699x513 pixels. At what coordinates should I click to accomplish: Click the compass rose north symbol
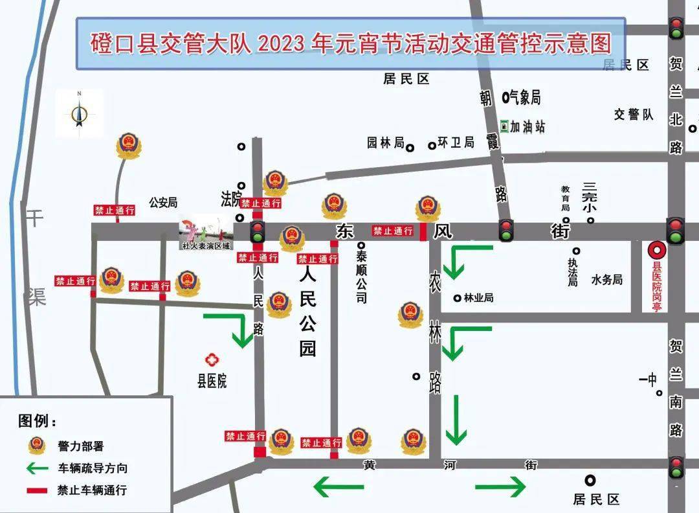click(x=79, y=114)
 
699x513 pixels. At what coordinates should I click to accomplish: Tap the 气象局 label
click(x=525, y=98)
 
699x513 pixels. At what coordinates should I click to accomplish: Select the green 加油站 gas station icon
click(x=504, y=126)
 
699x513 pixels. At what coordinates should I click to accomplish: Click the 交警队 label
click(x=634, y=115)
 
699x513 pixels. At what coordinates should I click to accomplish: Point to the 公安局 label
click(x=163, y=203)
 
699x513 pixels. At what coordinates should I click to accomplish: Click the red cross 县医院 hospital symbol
click(x=211, y=359)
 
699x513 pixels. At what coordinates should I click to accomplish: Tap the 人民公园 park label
click(x=307, y=312)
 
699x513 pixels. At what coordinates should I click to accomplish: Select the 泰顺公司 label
click(x=361, y=277)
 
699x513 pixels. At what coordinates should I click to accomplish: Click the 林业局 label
click(x=479, y=298)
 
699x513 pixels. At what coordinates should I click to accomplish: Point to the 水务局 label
click(x=606, y=280)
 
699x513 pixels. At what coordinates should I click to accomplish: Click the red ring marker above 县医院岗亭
click(x=656, y=250)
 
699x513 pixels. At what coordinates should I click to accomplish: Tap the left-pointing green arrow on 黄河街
click(x=338, y=486)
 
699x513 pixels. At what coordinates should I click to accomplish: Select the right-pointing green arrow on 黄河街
click(x=500, y=486)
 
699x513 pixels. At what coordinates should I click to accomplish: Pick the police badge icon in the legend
click(x=37, y=445)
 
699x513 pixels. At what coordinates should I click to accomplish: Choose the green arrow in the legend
click(x=38, y=468)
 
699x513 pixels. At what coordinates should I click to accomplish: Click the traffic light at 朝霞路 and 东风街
click(x=505, y=230)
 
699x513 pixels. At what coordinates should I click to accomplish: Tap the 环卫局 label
click(x=456, y=142)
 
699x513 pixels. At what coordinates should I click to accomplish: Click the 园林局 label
click(x=385, y=142)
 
